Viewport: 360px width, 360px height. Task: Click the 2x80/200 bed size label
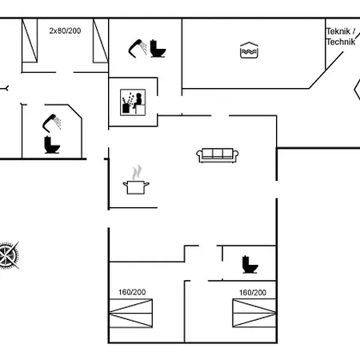(x=65, y=30)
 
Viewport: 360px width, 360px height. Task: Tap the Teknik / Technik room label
(x=340, y=36)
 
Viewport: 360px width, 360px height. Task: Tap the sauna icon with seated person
(x=130, y=102)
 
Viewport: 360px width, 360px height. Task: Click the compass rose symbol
(x=9, y=255)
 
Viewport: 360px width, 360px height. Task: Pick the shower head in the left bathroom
(x=53, y=122)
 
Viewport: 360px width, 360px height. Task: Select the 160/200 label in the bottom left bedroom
(x=132, y=292)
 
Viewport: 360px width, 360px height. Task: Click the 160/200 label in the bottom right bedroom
(x=252, y=293)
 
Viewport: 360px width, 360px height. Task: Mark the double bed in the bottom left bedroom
(x=130, y=311)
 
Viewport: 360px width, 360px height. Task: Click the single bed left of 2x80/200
(x=30, y=40)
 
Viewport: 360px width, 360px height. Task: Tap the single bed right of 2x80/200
(x=100, y=40)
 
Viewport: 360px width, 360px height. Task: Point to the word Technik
(x=340, y=41)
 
